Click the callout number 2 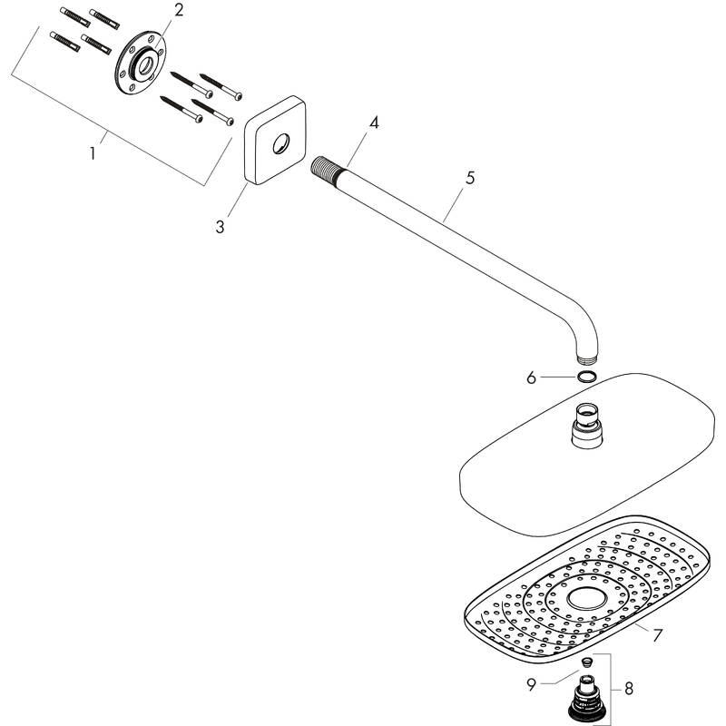coord(179,10)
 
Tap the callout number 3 coord(221,226)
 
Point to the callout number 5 coord(469,179)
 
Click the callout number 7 coord(657,634)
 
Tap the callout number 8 coord(629,691)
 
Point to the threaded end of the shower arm coord(325,167)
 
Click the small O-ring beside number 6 coord(586,376)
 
